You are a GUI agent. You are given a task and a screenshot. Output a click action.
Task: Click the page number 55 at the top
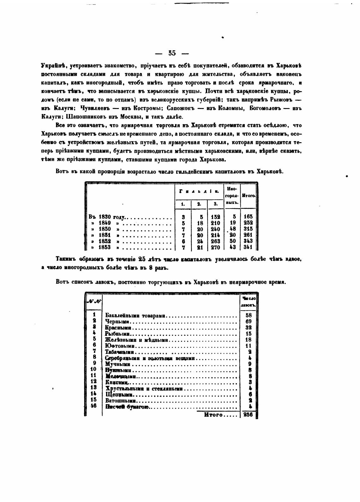(x=172, y=53)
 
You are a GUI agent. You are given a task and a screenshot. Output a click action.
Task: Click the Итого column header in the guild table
(x=248, y=196)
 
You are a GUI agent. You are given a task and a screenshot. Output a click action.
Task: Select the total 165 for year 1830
(x=248, y=217)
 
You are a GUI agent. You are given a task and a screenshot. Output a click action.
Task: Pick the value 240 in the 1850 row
(x=215, y=229)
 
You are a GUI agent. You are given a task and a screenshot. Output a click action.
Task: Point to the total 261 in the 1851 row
(x=248, y=235)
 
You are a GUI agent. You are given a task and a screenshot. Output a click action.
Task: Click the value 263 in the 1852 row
(x=215, y=241)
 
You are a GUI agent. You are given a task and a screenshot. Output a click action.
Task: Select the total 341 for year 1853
(x=248, y=247)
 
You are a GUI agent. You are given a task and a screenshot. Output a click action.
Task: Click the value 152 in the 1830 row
(x=215, y=217)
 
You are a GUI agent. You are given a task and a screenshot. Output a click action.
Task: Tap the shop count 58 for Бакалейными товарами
(x=248, y=315)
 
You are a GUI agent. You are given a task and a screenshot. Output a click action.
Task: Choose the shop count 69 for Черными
(x=248, y=321)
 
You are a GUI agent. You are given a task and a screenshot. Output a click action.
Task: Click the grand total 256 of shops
(x=248, y=415)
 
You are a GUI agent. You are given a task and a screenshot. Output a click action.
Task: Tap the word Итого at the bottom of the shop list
(x=213, y=415)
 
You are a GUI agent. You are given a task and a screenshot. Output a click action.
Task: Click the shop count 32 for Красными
(x=248, y=328)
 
